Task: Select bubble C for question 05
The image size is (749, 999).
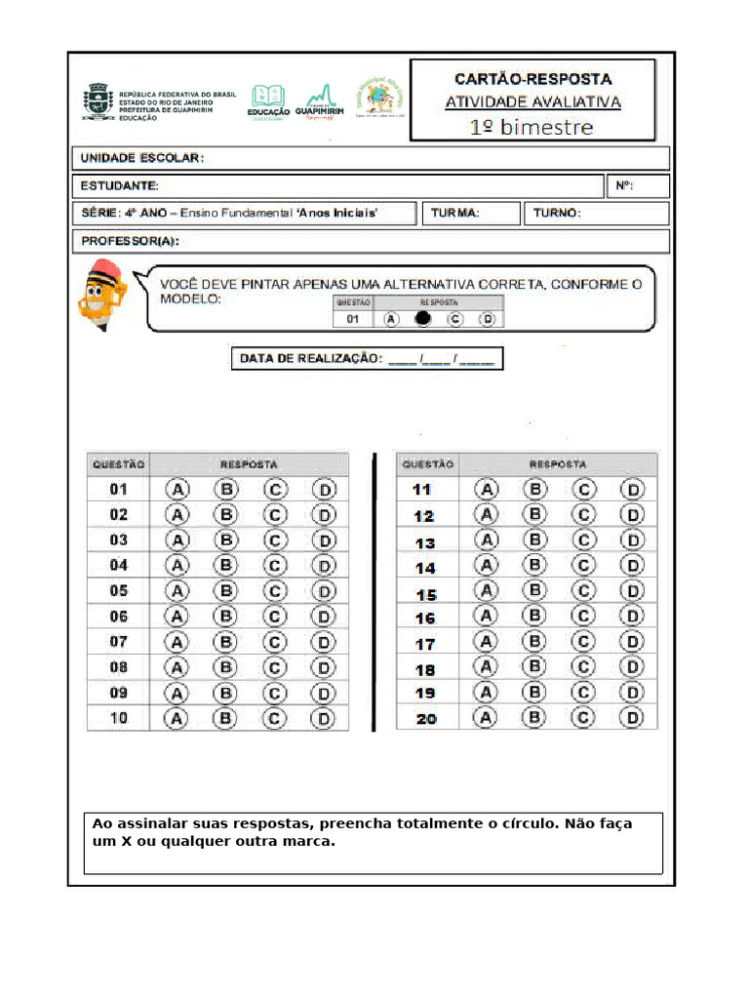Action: [x=275, y=590]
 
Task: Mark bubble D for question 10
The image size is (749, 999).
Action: [x=324, y=718]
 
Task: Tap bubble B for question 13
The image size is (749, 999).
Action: [x=534, y=540]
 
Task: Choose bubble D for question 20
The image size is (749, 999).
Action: [x=633, y=718]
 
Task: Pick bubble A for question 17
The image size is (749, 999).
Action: [x=486, y=642]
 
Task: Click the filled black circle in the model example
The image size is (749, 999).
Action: [x=422, y=319]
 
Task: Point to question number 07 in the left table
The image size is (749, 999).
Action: [x=118, y=642]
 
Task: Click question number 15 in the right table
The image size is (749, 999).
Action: [x=425, y=594]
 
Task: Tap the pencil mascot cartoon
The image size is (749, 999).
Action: [x=100, y=296]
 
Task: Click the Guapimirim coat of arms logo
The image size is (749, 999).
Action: [x=98, y=101]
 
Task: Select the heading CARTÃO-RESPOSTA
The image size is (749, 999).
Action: [x=532, y=79]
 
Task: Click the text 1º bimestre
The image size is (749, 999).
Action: [x=532, y=127]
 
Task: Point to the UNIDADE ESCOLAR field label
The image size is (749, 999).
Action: [x=141, y=158]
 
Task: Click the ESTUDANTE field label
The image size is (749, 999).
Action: [x=119, y=185]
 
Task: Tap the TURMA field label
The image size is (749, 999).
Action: [x=454, y=214]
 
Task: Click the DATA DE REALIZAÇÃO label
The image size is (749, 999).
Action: [x=309, y=359]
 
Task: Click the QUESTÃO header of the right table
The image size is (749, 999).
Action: [x=427, y=464]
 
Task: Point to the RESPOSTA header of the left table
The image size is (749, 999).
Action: [x=249, y=464]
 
